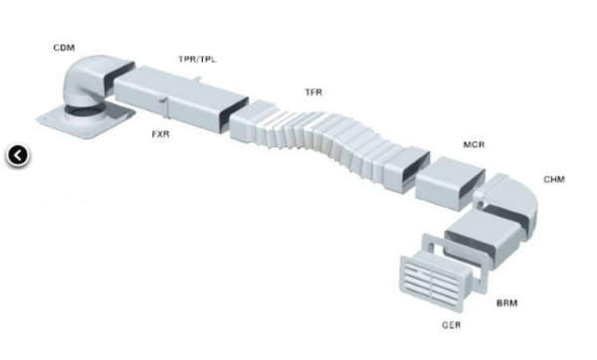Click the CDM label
point(64,48)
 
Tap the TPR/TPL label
point(197,59)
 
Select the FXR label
point(160,134)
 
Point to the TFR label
point(313,92)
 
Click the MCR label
point(474,144)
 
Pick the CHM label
point(554,179)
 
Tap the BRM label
point(507,303)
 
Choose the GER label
point(452,325)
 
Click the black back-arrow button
point(18,155)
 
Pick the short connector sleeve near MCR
point(450,183)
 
